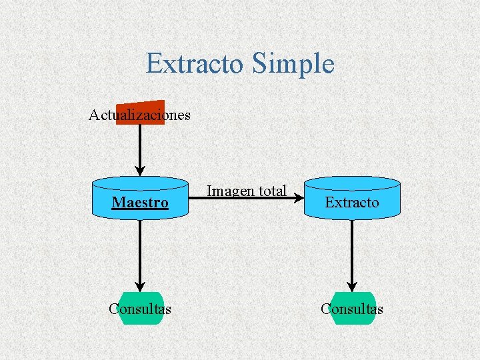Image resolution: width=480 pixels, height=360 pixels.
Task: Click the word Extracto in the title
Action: [195, 64]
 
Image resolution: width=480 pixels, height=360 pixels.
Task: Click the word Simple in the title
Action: [293, 64]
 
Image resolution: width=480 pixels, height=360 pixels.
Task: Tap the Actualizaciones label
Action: [139, 115]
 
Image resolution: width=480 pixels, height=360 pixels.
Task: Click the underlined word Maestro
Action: [140, 202]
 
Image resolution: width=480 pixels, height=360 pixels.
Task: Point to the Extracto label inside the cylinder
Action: [352, 202]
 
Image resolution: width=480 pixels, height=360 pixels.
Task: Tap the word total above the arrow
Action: [273, 191]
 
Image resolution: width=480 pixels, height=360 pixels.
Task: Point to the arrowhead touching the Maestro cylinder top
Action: [140, 170]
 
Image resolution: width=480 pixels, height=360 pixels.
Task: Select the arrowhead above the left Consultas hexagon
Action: [140, 287]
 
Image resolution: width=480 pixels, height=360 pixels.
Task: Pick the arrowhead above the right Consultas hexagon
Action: [352, 287]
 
